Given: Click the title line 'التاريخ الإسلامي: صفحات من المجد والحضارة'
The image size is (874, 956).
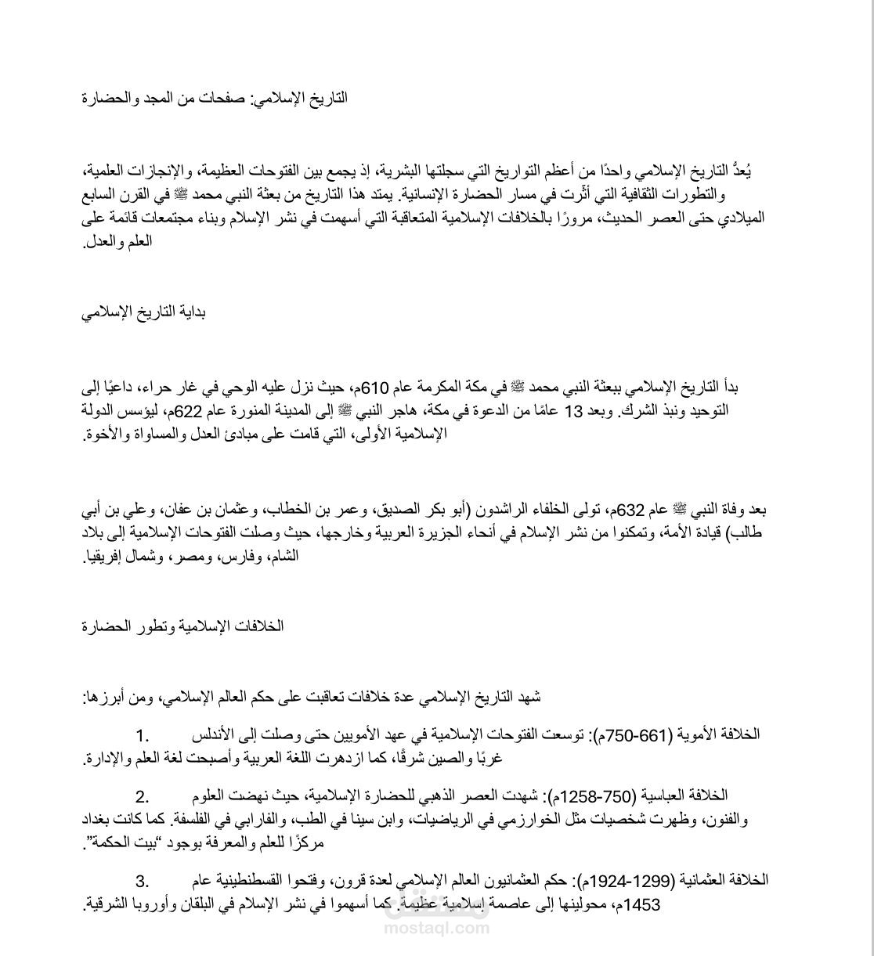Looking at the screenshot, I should pyautogui.click(x=215, y=99).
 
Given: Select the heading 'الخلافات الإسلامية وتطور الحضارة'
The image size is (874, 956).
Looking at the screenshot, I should pyautogui.click(x=182, y=626).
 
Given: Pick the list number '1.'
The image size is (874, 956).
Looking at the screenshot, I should pyautogui.click(x=142, y=735).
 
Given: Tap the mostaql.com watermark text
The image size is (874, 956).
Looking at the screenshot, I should pyautogui.click(x=437, y=929).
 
